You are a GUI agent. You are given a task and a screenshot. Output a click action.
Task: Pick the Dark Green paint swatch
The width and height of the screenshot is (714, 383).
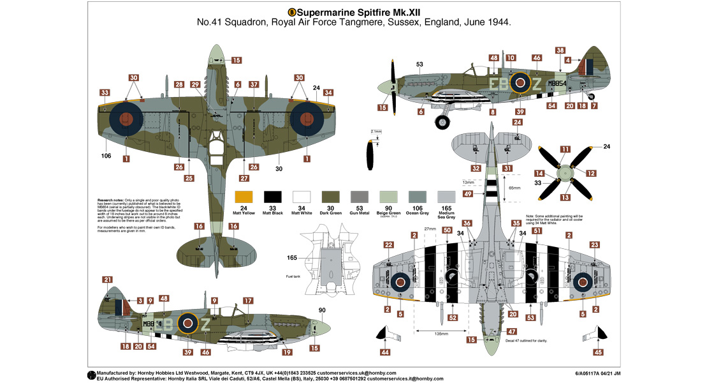[331, 197]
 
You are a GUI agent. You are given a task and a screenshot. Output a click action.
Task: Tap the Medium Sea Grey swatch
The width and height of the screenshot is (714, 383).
[446, 197]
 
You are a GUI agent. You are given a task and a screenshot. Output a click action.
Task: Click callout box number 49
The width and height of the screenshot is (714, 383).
[468, 194]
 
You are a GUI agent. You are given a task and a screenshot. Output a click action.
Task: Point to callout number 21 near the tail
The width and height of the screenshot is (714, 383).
[107, 280]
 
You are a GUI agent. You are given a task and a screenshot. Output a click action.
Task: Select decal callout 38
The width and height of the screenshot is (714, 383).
[560, 50]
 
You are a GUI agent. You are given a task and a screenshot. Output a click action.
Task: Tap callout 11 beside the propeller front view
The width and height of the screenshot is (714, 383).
[565, 149]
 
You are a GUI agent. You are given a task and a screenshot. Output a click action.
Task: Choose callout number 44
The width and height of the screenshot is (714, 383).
[385, 352]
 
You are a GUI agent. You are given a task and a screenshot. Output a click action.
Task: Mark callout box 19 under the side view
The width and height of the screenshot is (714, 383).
[288, 352]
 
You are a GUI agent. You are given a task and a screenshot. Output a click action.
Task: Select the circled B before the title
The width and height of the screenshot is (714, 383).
[292, 11]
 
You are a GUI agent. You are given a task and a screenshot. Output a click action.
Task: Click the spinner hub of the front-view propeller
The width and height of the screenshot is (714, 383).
[562, 172]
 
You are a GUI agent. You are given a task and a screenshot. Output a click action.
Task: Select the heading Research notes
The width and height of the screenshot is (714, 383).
[112, 200]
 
